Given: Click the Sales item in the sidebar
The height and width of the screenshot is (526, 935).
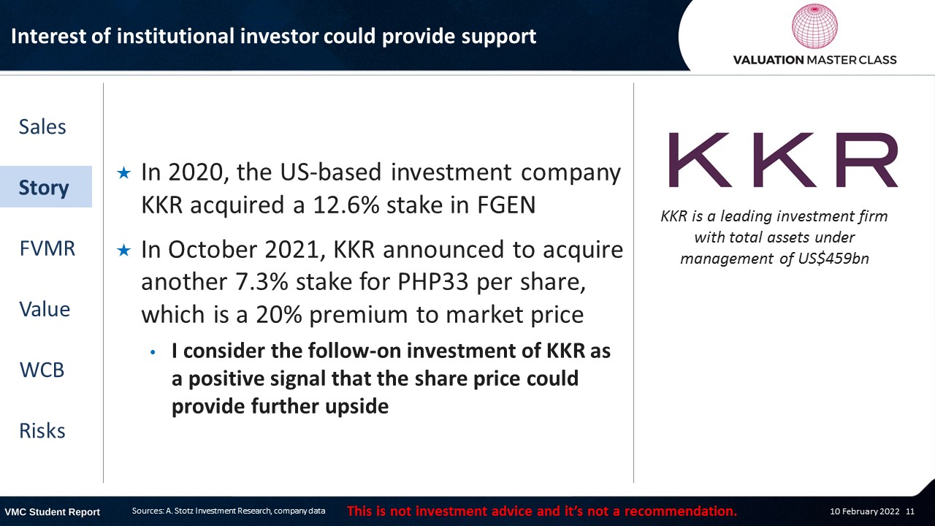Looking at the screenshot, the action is tap(42, 127).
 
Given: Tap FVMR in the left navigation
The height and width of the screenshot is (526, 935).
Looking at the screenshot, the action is tap(47, 248).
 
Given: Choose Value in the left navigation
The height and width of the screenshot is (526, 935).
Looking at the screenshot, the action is tap(45, 309).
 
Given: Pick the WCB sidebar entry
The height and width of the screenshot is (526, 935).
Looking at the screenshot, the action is tap(42, 370).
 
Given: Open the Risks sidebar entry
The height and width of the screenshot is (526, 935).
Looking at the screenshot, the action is tap(42, 431).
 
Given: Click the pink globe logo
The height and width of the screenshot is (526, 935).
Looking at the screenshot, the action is tap(814, 26).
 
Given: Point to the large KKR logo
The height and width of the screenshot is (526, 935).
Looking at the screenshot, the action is tap(783, 160).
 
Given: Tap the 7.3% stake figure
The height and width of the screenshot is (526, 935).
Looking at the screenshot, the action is tap(262, 282).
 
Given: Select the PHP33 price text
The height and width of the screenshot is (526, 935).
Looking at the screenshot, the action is tap(433, 282).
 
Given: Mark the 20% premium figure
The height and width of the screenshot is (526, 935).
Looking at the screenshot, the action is tap(279, 314).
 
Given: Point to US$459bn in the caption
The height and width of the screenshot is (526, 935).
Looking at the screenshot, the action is tap(833, 259).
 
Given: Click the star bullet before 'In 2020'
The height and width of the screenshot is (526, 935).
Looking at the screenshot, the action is tap(124, 173).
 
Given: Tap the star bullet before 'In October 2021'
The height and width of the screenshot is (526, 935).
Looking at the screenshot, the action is tap(124, 251).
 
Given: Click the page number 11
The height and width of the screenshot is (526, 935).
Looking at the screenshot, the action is tap(910, 511).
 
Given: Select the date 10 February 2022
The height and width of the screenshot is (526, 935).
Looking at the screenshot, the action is tap(864, 511).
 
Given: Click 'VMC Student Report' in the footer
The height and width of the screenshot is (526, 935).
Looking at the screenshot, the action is tap(52, 512).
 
